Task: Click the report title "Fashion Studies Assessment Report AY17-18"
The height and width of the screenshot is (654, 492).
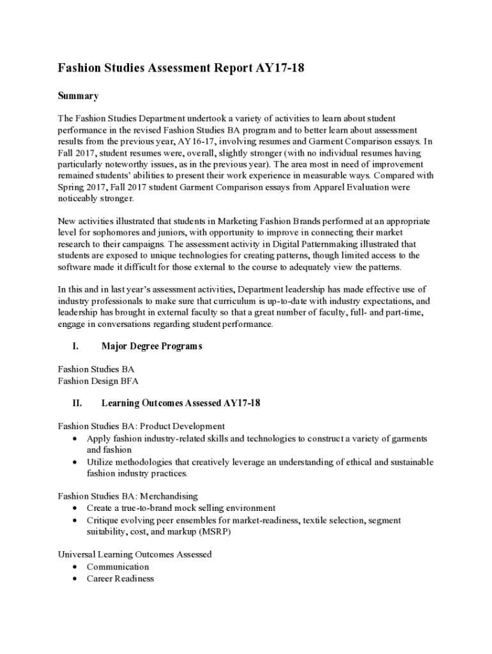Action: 181,68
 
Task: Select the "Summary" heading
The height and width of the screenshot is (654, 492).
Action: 78,96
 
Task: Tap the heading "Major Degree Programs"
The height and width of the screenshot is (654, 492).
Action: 151,346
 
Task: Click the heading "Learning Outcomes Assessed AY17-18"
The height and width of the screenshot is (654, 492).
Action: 180,404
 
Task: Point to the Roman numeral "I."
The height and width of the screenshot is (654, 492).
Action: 75,346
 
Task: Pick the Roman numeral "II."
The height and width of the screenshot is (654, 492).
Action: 77,404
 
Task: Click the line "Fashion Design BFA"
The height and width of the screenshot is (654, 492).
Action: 98,381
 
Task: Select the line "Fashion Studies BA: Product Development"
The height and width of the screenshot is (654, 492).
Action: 141,426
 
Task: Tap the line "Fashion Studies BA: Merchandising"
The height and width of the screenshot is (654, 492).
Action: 128,496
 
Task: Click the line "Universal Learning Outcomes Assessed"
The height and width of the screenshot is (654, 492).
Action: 135,554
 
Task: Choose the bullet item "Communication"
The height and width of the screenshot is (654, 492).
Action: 118,567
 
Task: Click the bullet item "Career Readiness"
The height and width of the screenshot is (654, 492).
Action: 120,579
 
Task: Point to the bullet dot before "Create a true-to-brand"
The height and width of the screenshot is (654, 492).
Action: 75,508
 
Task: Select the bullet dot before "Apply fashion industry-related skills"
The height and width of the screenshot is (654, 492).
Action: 75,439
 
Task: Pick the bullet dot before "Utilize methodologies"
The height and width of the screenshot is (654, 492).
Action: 75,462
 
